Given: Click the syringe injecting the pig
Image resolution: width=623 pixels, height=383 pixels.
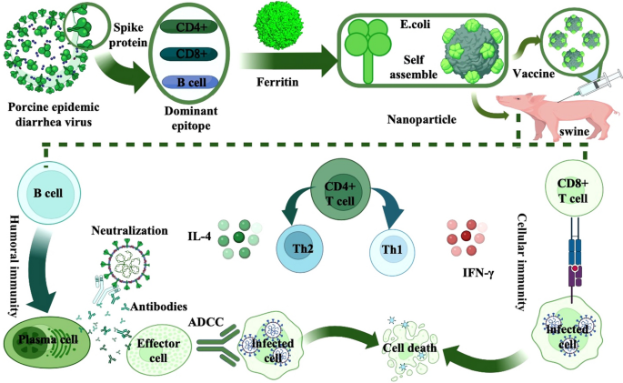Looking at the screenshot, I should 592,89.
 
